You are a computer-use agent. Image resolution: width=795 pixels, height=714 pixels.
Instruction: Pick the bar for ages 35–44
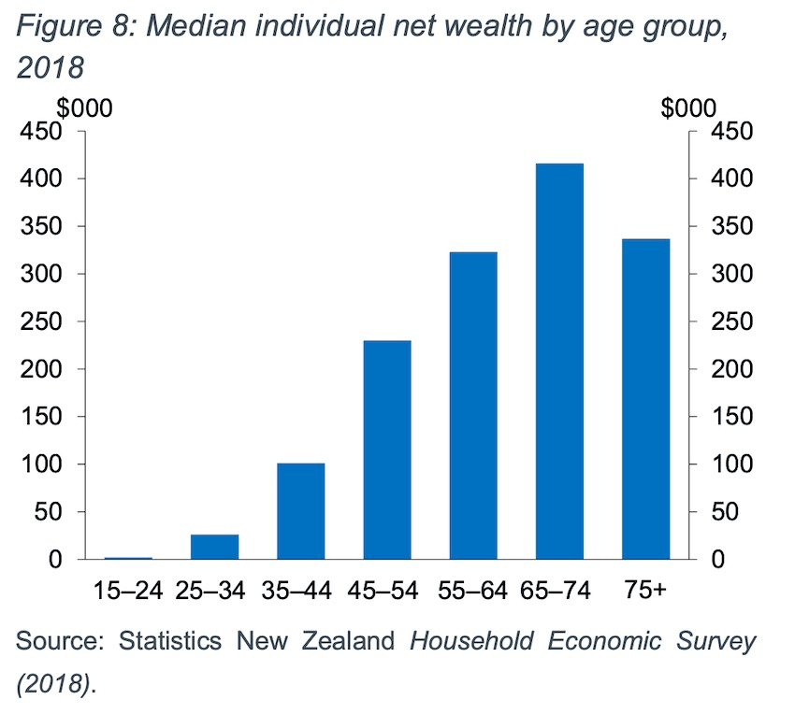[301, 511]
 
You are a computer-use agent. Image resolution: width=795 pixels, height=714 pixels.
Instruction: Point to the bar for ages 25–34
[215, 547]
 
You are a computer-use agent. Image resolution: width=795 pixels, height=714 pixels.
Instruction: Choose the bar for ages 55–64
[473, 406]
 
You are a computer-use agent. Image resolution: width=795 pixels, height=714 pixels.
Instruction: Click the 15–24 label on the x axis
[129, 591]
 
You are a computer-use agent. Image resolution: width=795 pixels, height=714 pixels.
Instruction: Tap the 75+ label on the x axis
[646, 591]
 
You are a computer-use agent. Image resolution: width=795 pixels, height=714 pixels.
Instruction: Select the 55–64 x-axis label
[473, 591]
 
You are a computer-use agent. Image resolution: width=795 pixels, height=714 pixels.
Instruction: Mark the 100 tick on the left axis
[43, 464]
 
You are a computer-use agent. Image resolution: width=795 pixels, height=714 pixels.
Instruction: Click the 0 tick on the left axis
[56, 560]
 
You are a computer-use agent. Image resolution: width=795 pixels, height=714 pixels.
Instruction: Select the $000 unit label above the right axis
[689, 107]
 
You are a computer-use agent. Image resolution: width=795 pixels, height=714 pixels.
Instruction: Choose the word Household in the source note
[472, 643]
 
